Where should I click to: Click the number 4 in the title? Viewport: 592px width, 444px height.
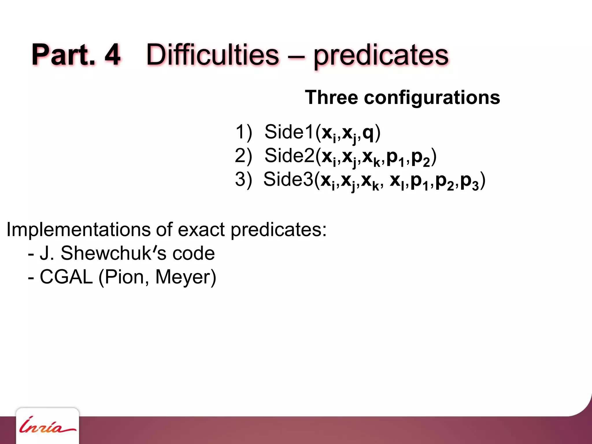click(112, 54)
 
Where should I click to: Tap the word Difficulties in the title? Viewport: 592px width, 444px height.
click(212, 54)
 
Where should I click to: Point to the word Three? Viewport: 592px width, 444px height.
click(332, 97)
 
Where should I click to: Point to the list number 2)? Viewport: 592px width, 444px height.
click(243, 156)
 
